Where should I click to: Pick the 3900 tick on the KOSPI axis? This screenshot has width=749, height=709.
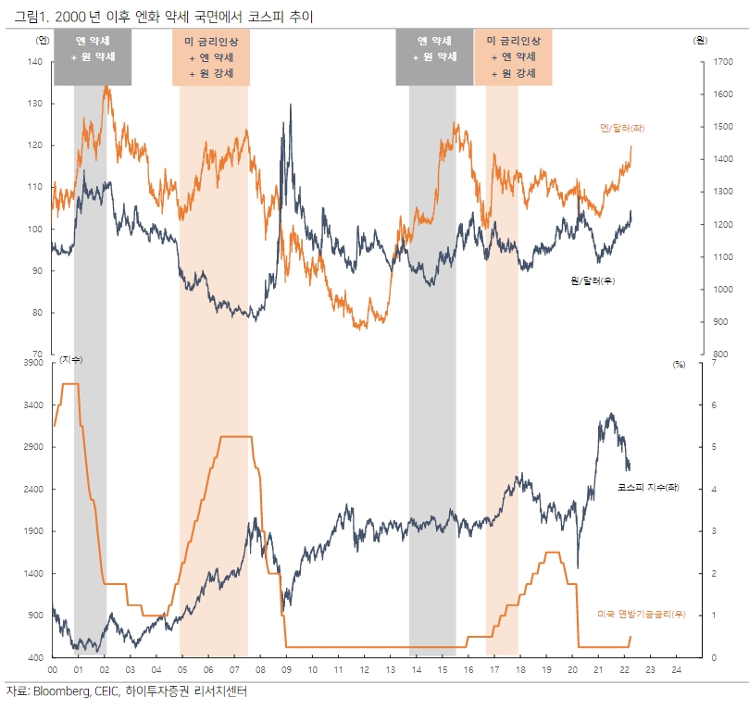[x=33, y=364]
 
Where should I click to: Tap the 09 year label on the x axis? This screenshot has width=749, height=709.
[x=286, y=668]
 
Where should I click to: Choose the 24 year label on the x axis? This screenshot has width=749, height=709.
[x=677, y=668]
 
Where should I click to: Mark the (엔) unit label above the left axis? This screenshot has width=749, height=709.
[x=42, y=41]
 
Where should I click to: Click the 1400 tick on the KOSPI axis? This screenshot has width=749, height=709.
[x=33, y=574]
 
